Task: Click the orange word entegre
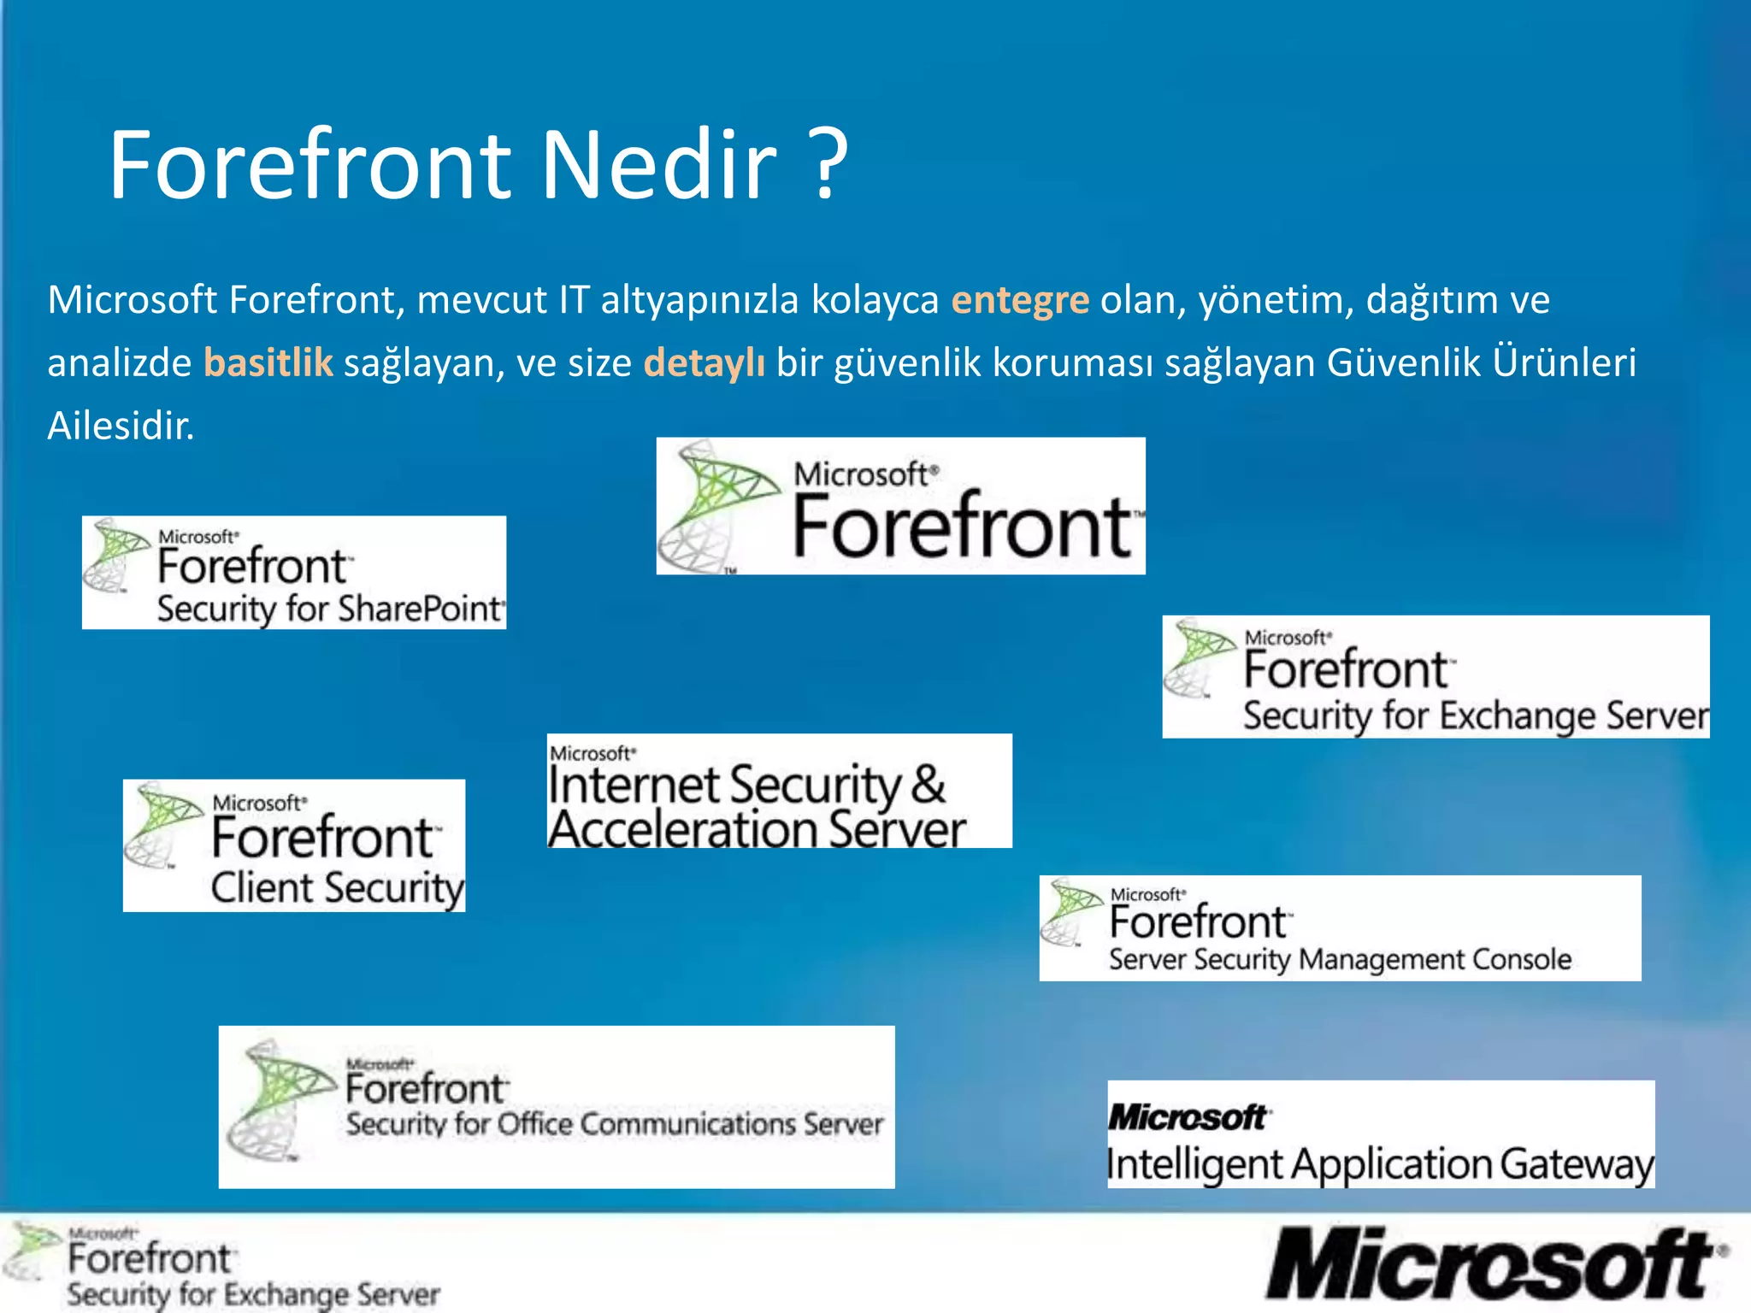click(x=1020, y=300)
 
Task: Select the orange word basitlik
click(x=268, y=362)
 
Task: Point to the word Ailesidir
click(x=121, y=426)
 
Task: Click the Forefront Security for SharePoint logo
click(x=294, y=573)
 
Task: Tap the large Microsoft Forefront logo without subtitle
click(x=900, y=506)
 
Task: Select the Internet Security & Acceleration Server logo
click(x=779, y=791)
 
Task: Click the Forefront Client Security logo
click(x=294, y=845)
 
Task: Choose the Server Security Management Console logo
click(x=1340, y=928)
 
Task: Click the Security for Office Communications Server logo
click(x=557, y=1107)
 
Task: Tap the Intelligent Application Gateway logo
click(x=1381, y=1134)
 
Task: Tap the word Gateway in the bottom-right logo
click(x=1577, y=1165)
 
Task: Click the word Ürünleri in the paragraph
click(x=1564, y=362)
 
